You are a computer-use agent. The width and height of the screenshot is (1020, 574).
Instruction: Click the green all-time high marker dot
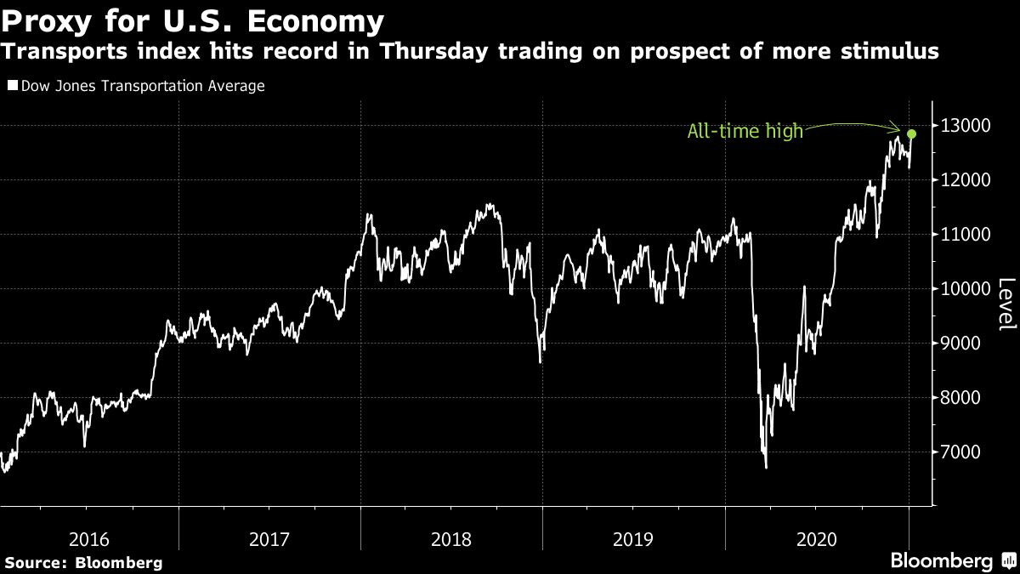coord(911,134)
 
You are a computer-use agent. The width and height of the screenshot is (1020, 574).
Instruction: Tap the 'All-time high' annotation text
coord(745,132)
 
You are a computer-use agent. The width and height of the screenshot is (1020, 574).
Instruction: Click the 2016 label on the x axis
coord(88,538)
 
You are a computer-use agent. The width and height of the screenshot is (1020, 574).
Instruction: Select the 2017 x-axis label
coord(269,538)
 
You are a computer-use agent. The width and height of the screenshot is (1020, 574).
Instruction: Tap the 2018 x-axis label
coord(451,538)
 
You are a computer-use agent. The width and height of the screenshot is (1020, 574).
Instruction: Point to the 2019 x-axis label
coord(633,538)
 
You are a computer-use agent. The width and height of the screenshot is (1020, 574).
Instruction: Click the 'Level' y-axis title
coord(1006,304)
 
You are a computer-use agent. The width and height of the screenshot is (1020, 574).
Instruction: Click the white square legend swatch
coord(11,86)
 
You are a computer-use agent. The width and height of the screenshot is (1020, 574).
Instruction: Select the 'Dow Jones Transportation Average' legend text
coord(142,86)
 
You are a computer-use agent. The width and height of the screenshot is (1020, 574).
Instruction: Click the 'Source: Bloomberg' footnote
coord(82,562)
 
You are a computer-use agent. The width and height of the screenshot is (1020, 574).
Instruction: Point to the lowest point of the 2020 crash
coord(766,467)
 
